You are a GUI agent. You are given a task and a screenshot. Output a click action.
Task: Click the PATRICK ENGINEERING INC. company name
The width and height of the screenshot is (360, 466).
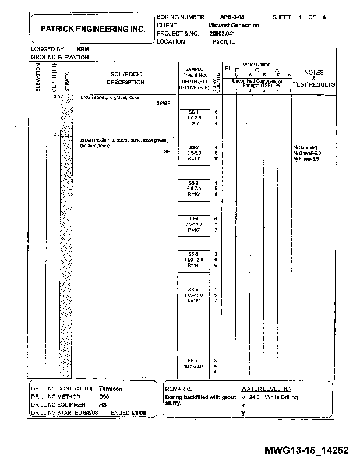(x=93, y=29)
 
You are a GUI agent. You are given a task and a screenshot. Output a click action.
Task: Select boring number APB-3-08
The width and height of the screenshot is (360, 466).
(x=232, y=18)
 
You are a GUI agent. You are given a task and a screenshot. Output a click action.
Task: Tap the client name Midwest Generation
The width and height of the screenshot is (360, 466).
(x=234, y=26)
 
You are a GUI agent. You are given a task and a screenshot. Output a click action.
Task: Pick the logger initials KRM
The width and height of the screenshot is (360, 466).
(x=82, y=50)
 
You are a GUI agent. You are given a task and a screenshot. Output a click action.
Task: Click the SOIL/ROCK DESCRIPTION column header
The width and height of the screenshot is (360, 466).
(x=126, y=78)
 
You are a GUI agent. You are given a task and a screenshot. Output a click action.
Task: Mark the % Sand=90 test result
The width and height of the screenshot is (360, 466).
(x=305, y=147)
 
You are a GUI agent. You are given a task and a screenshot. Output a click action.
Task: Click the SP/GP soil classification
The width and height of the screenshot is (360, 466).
(x=163, y=103)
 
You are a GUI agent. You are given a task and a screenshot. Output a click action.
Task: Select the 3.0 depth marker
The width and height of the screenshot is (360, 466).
(x=56, y=135)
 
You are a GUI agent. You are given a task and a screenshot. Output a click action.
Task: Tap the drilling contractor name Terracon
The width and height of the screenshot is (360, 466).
(x=111, y=389)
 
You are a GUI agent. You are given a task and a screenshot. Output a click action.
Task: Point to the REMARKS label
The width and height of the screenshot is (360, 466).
(x=179, y=389)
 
